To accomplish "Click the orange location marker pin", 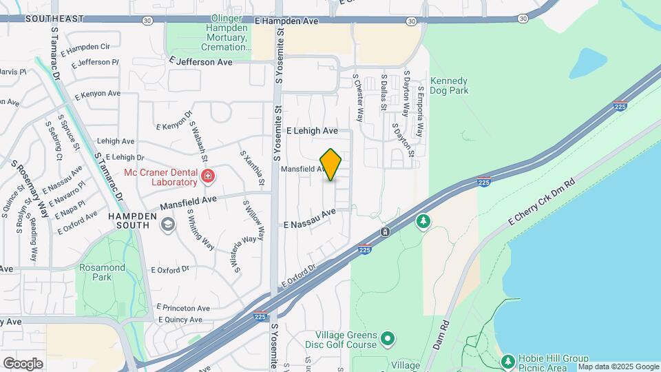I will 331,165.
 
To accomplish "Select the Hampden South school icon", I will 167,224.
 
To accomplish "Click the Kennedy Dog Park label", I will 449,85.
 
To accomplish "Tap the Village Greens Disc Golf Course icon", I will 388,338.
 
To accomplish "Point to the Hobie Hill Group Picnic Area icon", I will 508,361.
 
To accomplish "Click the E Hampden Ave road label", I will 286,22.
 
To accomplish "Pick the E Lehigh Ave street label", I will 312,130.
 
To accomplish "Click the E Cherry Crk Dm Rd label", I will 541,200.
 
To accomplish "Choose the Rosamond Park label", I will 103,272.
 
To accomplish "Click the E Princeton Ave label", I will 183,307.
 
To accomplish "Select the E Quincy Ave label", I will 180,320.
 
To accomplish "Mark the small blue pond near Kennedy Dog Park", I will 587,62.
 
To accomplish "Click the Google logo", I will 23,363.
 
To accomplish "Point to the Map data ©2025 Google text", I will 618,366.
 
